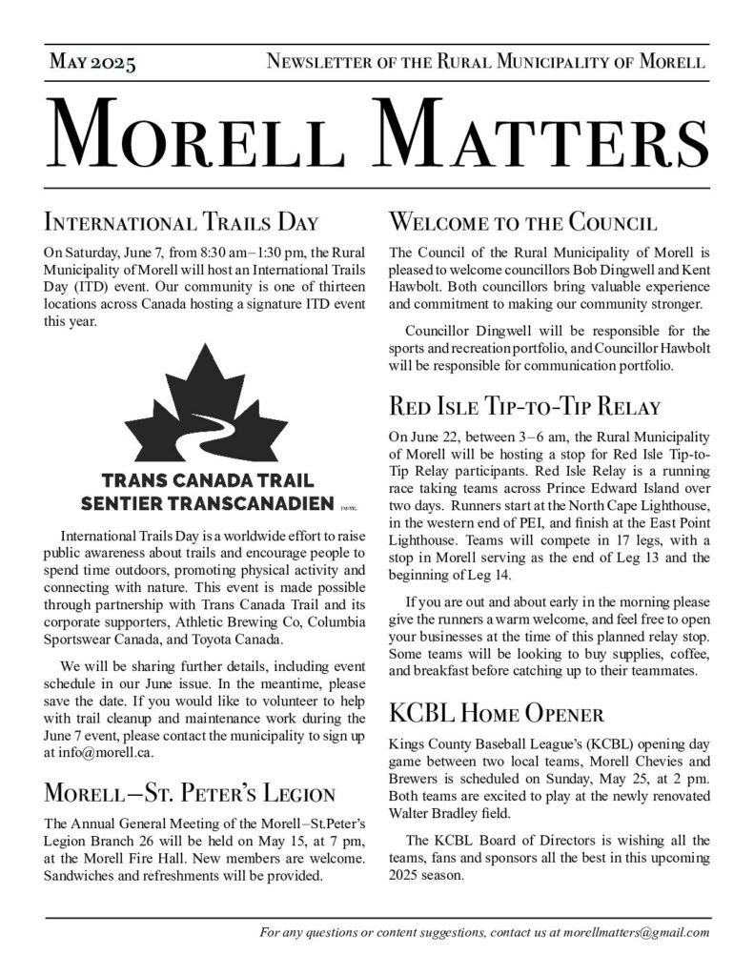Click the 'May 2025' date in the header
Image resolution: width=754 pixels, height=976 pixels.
point(92,64)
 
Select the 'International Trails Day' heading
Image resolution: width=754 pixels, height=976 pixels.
point(181,224)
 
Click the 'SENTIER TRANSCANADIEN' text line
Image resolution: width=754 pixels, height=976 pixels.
point(207,501)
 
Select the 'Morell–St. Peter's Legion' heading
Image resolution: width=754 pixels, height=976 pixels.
point(190,794)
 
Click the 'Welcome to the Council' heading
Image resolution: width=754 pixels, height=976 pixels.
point(522,224)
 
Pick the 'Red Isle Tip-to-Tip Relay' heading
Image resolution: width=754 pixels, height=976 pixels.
point(525,408)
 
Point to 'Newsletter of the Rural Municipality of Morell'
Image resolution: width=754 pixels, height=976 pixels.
point(486,64)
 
